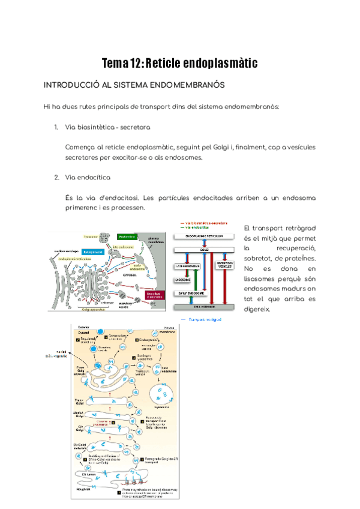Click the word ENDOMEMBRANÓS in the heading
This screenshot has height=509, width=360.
coord(184,85)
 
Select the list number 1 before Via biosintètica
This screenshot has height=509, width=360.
coord(56,127)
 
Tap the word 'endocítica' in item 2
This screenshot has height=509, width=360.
coord(94,177)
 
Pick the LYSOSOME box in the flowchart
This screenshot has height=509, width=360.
coord(187,279)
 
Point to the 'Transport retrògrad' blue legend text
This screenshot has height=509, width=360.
coord(205,320)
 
